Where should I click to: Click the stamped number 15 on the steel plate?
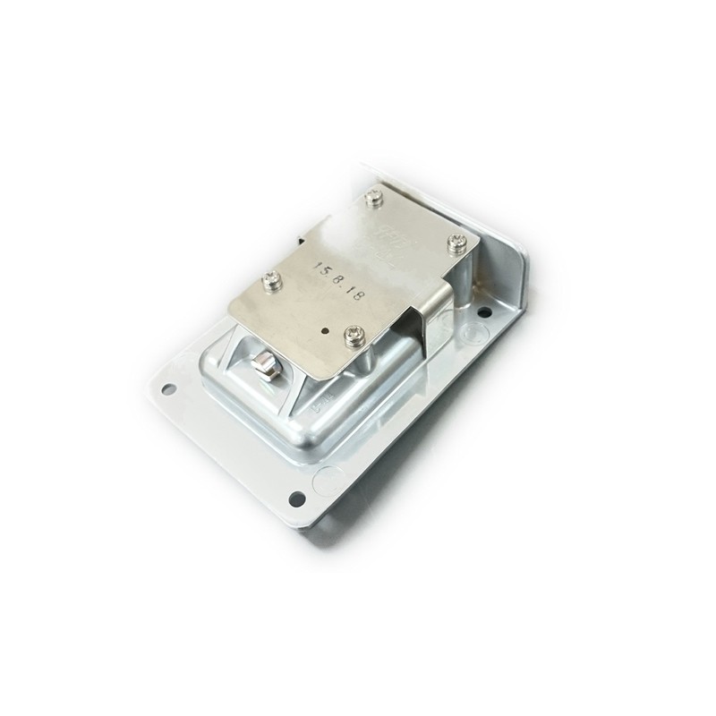315,268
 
